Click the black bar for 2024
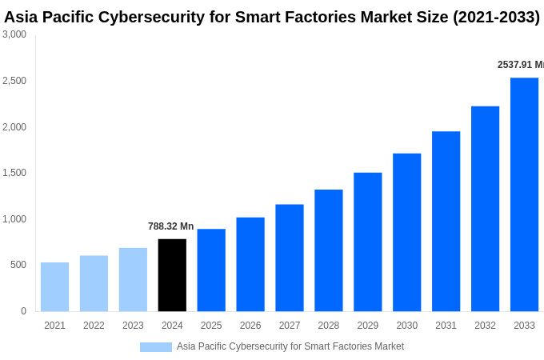pos(172,275)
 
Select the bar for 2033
pos(524,194)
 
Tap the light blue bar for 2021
pos(54,286)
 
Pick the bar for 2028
pos(328,250)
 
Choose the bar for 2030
pos(406,232)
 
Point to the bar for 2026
pos(250,264)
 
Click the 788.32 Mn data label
pos(170,226)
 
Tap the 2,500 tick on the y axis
pos(14,81)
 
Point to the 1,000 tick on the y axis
pos(14,219)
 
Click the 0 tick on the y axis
pos(23,311)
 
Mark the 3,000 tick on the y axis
pos(14,34)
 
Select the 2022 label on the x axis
pos(94,326)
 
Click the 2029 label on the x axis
pos(367,326)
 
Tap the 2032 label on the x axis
pos(485,326)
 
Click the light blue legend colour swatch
pos(155,347)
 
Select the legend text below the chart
pos(290,346)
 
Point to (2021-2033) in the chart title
pos(496,17)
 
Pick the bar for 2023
pos(133,279)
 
